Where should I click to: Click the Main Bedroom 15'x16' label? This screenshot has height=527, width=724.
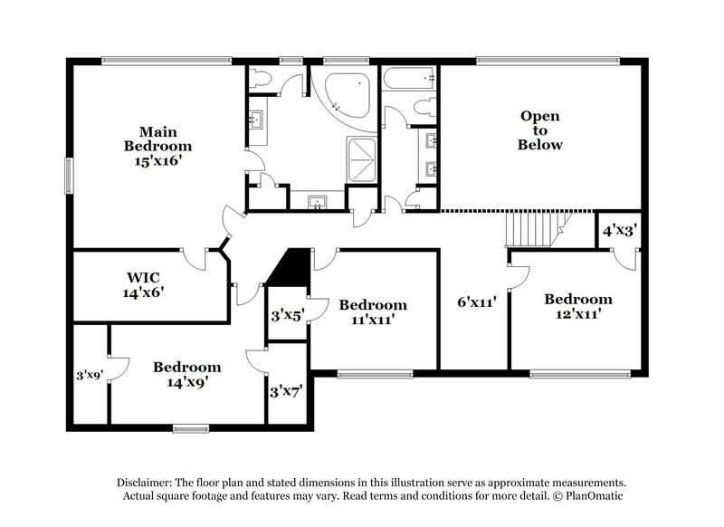click(158, 145)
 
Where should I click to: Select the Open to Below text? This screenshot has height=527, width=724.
click(540, 130)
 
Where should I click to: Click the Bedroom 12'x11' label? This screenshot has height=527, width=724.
click(578, 306)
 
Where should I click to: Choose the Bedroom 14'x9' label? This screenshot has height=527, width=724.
click(186, 374)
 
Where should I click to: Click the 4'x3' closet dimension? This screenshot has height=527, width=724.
click(620, 231)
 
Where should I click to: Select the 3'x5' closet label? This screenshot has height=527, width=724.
click(287, 316)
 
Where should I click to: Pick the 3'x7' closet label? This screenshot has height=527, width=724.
click(287, 392)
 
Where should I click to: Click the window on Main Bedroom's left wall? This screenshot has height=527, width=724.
click(69, 175)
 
